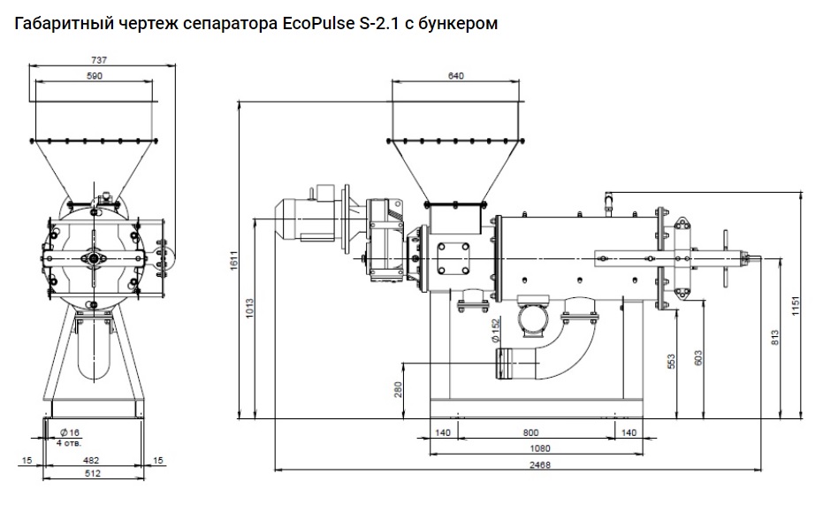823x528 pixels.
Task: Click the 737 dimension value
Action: tap(99, 59)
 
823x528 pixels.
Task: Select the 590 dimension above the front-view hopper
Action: tap(95, 77)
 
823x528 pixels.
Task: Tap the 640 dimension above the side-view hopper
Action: tap(455, 76)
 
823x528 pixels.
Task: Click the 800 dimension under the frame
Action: tap(530, 432)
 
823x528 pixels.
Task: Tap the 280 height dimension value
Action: tap(398, 389)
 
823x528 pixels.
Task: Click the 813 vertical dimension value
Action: tap(776, 337)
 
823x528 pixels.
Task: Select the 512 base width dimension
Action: tap(92, 473)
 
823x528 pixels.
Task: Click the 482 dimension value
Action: tap(92, 460)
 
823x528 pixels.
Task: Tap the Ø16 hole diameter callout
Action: tap(69, 432)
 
